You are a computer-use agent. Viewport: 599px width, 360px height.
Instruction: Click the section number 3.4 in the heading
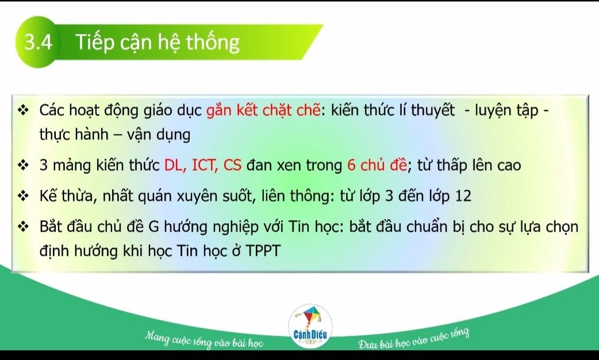38,42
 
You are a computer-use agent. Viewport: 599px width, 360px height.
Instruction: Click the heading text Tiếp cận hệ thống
158,43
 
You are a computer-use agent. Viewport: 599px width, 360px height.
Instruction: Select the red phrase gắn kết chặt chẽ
263,110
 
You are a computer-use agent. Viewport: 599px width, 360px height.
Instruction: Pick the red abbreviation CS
232,165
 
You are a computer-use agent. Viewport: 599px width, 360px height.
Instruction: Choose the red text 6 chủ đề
377,165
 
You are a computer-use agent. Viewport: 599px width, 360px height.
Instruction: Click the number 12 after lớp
463,196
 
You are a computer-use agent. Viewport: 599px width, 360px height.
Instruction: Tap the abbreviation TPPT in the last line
263,251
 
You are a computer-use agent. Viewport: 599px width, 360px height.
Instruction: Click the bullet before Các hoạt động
24,111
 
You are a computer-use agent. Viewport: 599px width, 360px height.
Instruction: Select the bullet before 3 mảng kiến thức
24,166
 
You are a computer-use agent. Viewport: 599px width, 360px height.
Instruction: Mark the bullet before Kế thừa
24,197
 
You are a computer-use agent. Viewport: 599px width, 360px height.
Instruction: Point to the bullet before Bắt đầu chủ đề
24,227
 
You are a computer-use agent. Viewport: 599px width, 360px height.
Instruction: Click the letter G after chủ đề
153,227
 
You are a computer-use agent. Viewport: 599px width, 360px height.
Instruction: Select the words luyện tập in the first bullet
506,111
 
